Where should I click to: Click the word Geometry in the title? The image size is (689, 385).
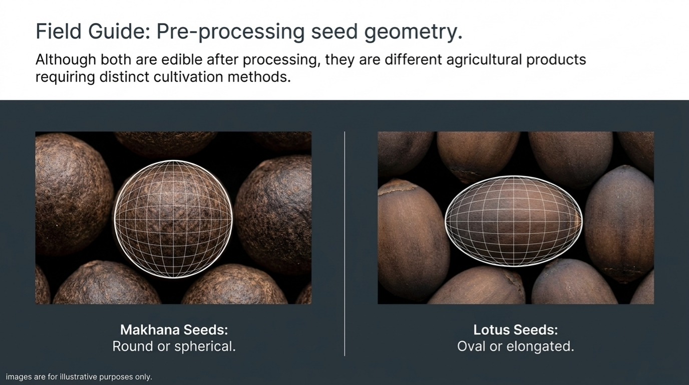[413, 32]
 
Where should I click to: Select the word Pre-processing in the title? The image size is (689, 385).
[231, 32]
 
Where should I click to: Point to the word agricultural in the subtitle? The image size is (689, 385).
[484, 60]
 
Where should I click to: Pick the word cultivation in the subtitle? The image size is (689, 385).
[188, 77]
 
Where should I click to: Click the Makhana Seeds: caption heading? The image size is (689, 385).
[174, 330]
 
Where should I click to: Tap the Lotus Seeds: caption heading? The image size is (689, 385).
[516, 330]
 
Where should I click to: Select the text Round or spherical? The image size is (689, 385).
[174, 346]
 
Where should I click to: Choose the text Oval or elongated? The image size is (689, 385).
[516, 347]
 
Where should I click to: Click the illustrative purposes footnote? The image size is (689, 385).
[79, 376]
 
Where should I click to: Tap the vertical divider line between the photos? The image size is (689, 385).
[344, 244]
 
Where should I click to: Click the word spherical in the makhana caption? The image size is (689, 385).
[205, 346]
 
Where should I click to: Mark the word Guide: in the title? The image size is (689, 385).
[119, 31]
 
